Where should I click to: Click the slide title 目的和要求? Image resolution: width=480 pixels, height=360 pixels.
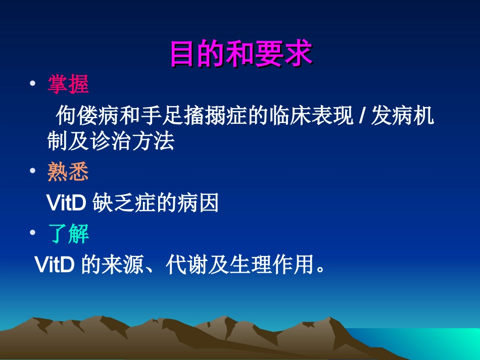(x=241, y=54)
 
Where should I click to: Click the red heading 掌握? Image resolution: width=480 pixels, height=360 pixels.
(x=68, y=84)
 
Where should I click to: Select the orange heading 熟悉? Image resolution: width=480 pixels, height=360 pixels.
(x=68, y=173)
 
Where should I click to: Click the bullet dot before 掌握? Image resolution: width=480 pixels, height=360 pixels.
(x=33, y=84)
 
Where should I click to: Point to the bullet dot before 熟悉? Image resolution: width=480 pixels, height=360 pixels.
(x=33, y=172)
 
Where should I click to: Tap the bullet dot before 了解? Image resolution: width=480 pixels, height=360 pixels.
(x=33, y=234)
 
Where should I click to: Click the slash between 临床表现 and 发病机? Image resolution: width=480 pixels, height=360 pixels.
(x=360, y=118)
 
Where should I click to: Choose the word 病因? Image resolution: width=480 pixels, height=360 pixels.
(x=205, y=203)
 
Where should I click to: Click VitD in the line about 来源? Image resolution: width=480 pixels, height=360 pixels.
(x=55, y=265)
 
